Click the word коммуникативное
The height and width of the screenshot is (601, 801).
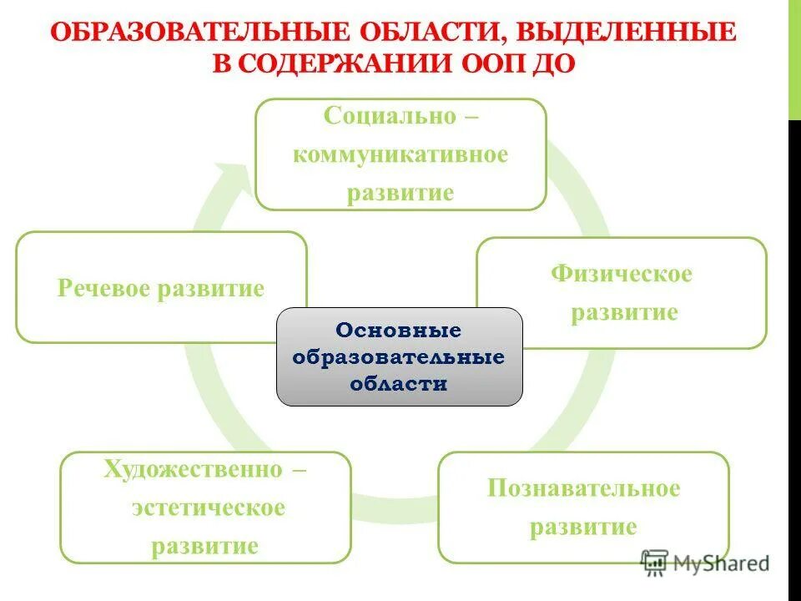400,154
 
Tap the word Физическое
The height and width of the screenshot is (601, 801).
621,274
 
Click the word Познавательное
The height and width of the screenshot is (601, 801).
583,488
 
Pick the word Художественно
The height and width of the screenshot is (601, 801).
193,469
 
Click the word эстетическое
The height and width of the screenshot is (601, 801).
207,508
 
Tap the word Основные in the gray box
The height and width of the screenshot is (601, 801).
399,331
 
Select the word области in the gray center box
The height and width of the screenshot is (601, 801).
399,383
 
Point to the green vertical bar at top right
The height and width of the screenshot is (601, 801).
794,58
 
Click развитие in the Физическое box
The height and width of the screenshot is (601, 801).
622,313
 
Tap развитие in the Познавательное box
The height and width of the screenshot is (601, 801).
583,528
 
